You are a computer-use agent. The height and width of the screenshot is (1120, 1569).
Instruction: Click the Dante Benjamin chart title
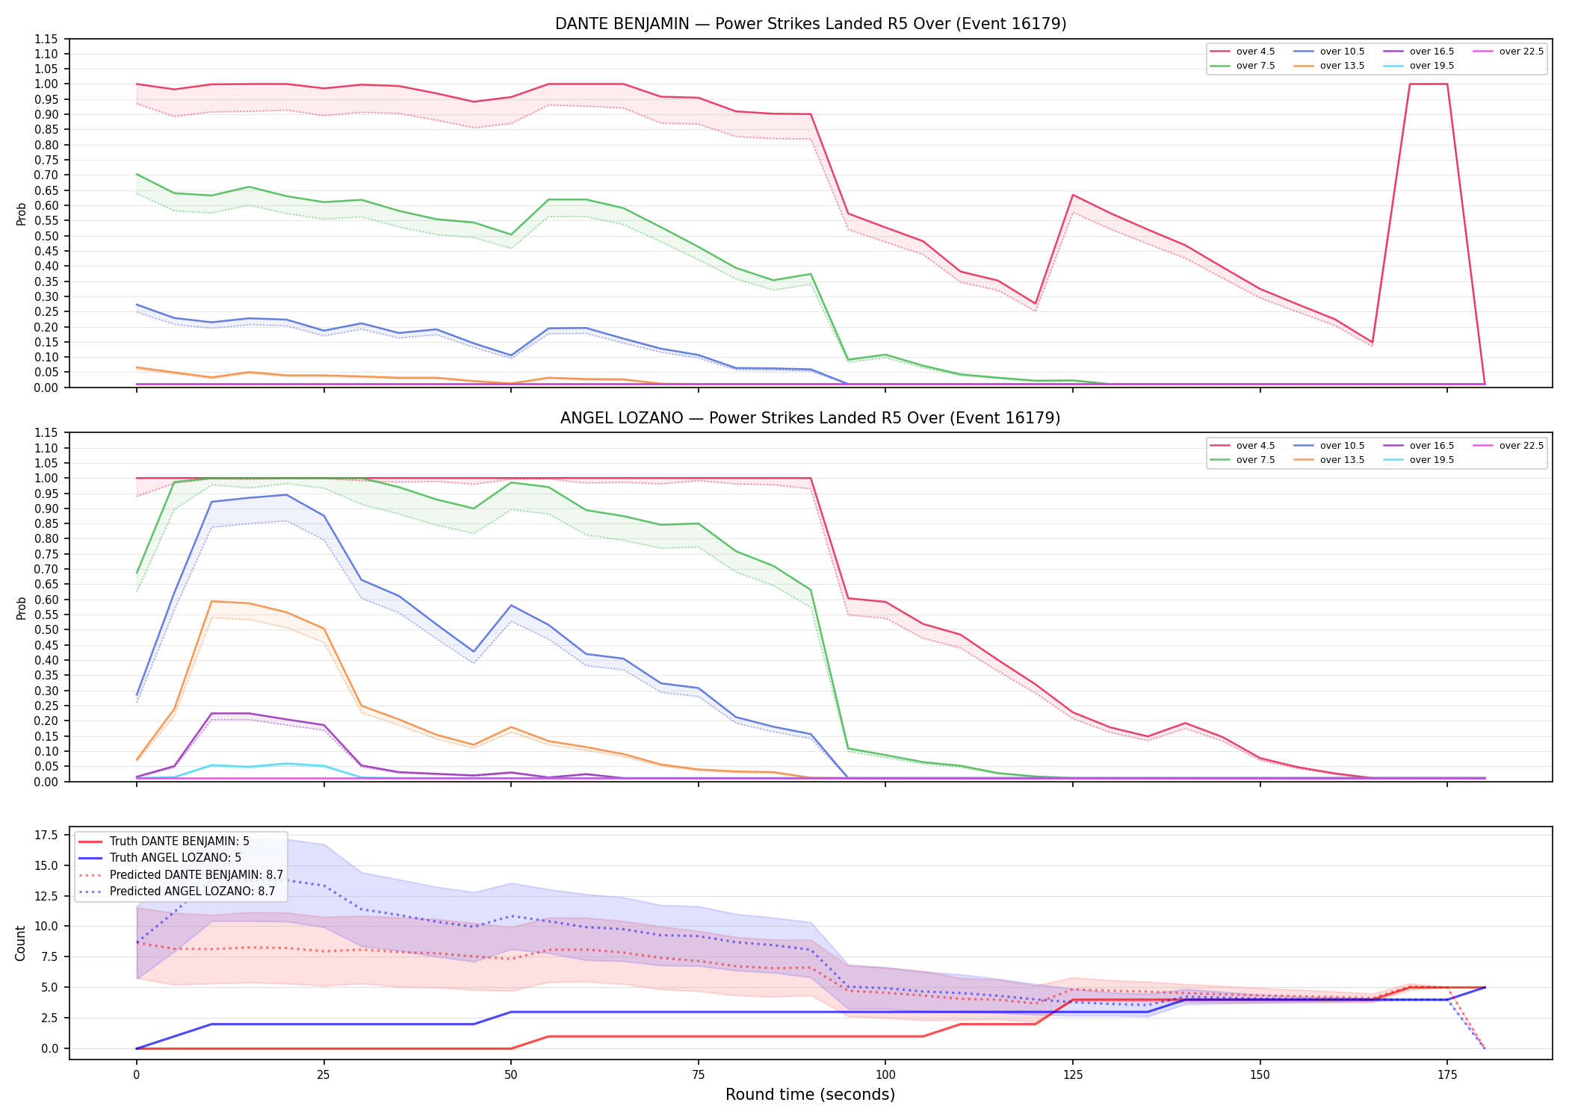811,24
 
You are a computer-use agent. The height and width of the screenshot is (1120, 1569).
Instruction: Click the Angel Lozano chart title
811,418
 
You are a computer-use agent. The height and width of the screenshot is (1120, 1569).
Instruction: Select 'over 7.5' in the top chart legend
1242,66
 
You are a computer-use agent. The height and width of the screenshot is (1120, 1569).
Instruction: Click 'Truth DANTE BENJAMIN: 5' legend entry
164,841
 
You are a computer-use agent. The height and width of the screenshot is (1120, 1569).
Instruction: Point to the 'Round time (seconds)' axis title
810,1095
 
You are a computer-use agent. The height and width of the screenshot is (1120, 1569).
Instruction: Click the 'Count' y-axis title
20,943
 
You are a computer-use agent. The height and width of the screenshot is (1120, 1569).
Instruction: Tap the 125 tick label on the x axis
1072,1075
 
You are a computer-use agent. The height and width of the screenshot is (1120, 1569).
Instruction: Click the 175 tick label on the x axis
1447,1075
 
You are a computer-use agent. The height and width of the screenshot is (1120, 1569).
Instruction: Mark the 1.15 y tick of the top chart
46,39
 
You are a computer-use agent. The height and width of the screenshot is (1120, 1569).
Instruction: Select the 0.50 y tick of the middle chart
46,629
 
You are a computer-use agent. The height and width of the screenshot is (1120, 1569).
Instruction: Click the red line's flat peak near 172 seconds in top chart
1429,84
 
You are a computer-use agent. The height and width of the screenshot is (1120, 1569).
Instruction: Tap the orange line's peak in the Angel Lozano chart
212,601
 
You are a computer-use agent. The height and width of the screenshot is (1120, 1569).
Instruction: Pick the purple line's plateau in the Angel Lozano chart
231,713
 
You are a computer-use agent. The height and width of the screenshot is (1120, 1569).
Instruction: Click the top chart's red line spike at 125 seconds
1073,195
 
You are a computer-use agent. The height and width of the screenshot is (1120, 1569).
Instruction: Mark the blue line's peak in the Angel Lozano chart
286,494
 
